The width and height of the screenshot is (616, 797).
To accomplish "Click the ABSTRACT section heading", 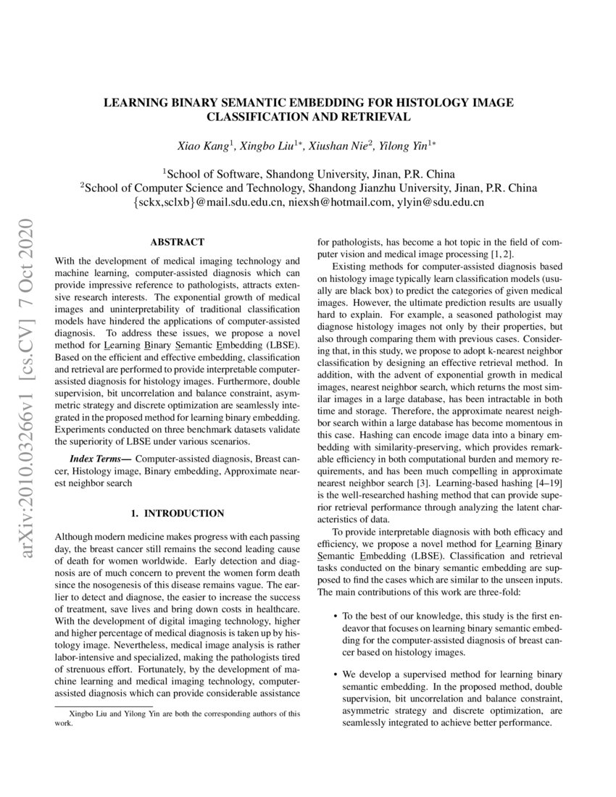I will (177, 242).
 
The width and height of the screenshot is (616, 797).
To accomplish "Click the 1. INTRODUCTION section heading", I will (177, 513).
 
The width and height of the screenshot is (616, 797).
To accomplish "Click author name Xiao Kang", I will (202, 146).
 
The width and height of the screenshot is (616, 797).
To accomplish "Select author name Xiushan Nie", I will (340, 146).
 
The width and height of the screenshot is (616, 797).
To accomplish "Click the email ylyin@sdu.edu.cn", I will (440, 203).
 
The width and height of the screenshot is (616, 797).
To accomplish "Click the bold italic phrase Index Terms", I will (100, 459).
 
